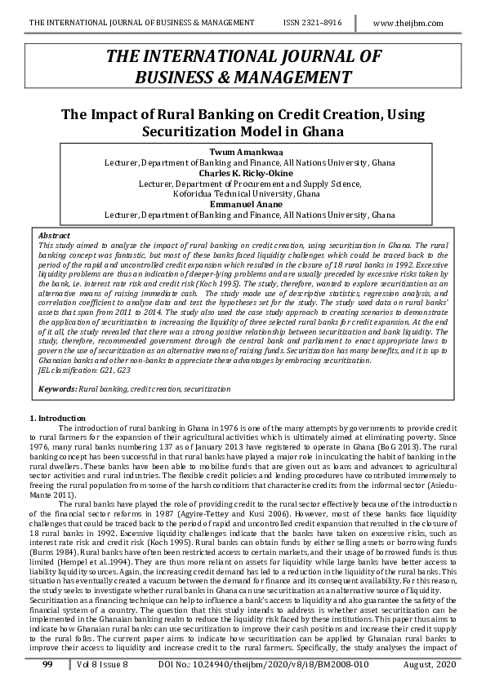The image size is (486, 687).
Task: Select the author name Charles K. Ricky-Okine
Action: point(243,173)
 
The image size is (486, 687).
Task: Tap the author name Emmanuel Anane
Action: point(243,204)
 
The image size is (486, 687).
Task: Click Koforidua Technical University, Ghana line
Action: point(243,194)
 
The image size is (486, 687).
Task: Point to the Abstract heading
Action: point(54,235)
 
